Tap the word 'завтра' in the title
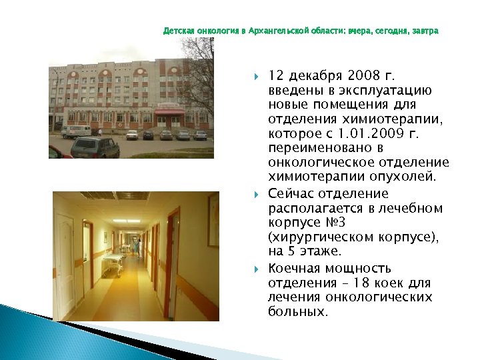click(425, 31)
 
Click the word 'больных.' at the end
click(298, 311)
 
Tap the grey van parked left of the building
click(75, 131)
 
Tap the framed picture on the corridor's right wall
click(213, 220)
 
